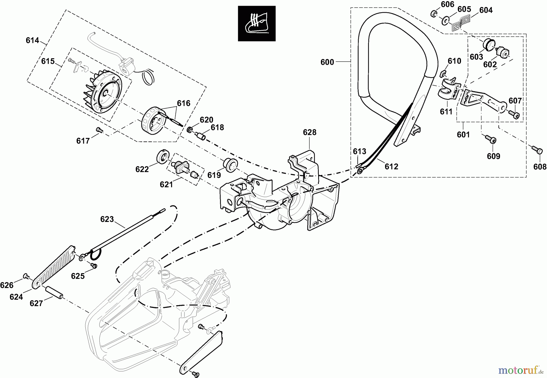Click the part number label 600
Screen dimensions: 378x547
327,62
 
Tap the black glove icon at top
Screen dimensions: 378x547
256,23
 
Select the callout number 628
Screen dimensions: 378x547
309,132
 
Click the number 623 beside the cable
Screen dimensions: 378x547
107,219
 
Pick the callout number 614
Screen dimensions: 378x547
32,40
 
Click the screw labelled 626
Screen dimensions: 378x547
26,276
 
